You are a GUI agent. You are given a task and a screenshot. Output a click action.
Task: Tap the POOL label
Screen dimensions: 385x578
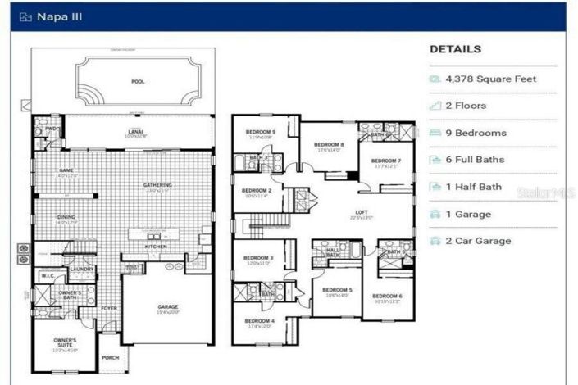click(x=137, y=82)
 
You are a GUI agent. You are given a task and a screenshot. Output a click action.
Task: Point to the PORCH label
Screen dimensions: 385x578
click(x=110, y=358)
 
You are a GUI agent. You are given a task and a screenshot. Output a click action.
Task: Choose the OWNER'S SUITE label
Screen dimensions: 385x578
click(x=66, y=342)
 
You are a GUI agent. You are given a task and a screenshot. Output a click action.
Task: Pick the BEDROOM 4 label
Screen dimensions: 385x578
click(x=258, y=320)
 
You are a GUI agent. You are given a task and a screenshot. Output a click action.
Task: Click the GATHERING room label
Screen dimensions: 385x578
click(x=157, y=185)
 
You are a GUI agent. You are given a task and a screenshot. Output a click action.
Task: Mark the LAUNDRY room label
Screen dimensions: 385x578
click(x=81, y=268)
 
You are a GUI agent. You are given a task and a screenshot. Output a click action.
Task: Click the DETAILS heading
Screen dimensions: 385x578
click(x=455, y=49)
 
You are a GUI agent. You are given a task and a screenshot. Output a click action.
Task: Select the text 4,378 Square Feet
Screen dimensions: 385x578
click(x=491, y=79)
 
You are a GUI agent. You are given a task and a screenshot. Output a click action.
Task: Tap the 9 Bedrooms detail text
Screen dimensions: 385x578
click(x=476, y=133)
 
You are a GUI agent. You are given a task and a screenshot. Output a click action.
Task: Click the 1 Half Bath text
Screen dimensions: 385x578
click(x=473, y=187)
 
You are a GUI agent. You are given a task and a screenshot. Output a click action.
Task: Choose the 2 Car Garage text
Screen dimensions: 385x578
click(x=478, y=241)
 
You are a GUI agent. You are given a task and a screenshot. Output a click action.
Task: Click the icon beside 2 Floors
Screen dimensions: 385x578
click(x=435, y=106)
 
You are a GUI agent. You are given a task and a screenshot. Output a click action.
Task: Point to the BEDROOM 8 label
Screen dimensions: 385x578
click(x=329, y=144)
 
